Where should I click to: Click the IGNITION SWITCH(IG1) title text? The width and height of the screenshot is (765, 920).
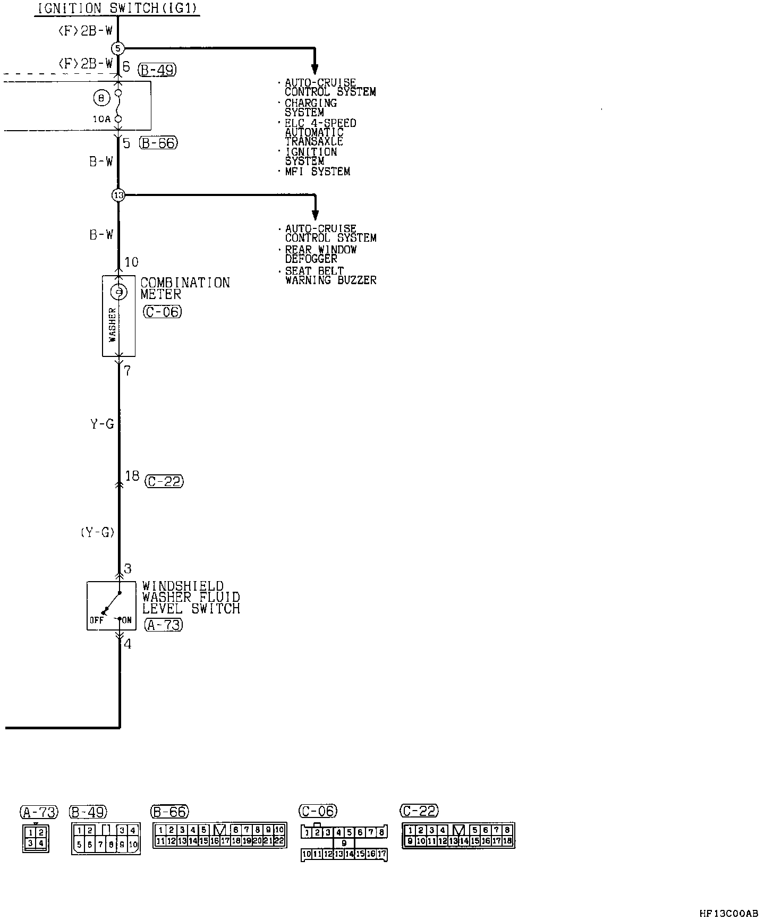117,8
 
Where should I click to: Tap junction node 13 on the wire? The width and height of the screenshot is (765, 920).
118,195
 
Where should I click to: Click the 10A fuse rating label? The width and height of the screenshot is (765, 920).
101,120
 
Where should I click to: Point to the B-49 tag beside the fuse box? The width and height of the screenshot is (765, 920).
157,70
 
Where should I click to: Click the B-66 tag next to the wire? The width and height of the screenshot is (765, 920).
158,143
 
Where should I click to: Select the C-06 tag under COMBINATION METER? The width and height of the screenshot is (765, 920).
162,312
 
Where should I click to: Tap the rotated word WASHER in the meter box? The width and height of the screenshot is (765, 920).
112,325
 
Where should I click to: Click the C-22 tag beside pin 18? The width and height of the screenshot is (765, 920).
164,481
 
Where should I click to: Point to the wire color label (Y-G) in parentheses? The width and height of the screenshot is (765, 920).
98,532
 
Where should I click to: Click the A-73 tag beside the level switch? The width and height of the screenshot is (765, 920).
163,625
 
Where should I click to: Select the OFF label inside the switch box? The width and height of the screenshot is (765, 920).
97,620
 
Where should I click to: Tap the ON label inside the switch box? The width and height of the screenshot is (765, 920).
126,620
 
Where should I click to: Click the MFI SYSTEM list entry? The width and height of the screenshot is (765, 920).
317,172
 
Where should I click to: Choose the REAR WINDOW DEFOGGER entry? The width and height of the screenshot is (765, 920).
320,254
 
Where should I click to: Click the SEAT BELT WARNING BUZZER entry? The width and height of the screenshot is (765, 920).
330,275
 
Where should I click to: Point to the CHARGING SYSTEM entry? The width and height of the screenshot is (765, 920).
310,108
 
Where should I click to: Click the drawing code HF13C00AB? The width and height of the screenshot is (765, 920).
728,913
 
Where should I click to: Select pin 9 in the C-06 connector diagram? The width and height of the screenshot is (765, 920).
344,843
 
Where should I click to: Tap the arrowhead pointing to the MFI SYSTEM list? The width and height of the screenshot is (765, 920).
314,69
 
